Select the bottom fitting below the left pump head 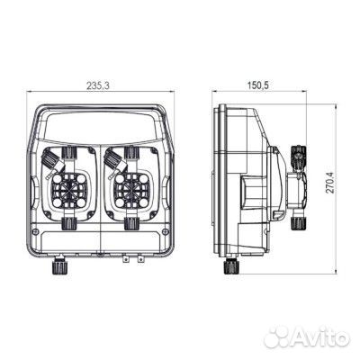tap(70, 221)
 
